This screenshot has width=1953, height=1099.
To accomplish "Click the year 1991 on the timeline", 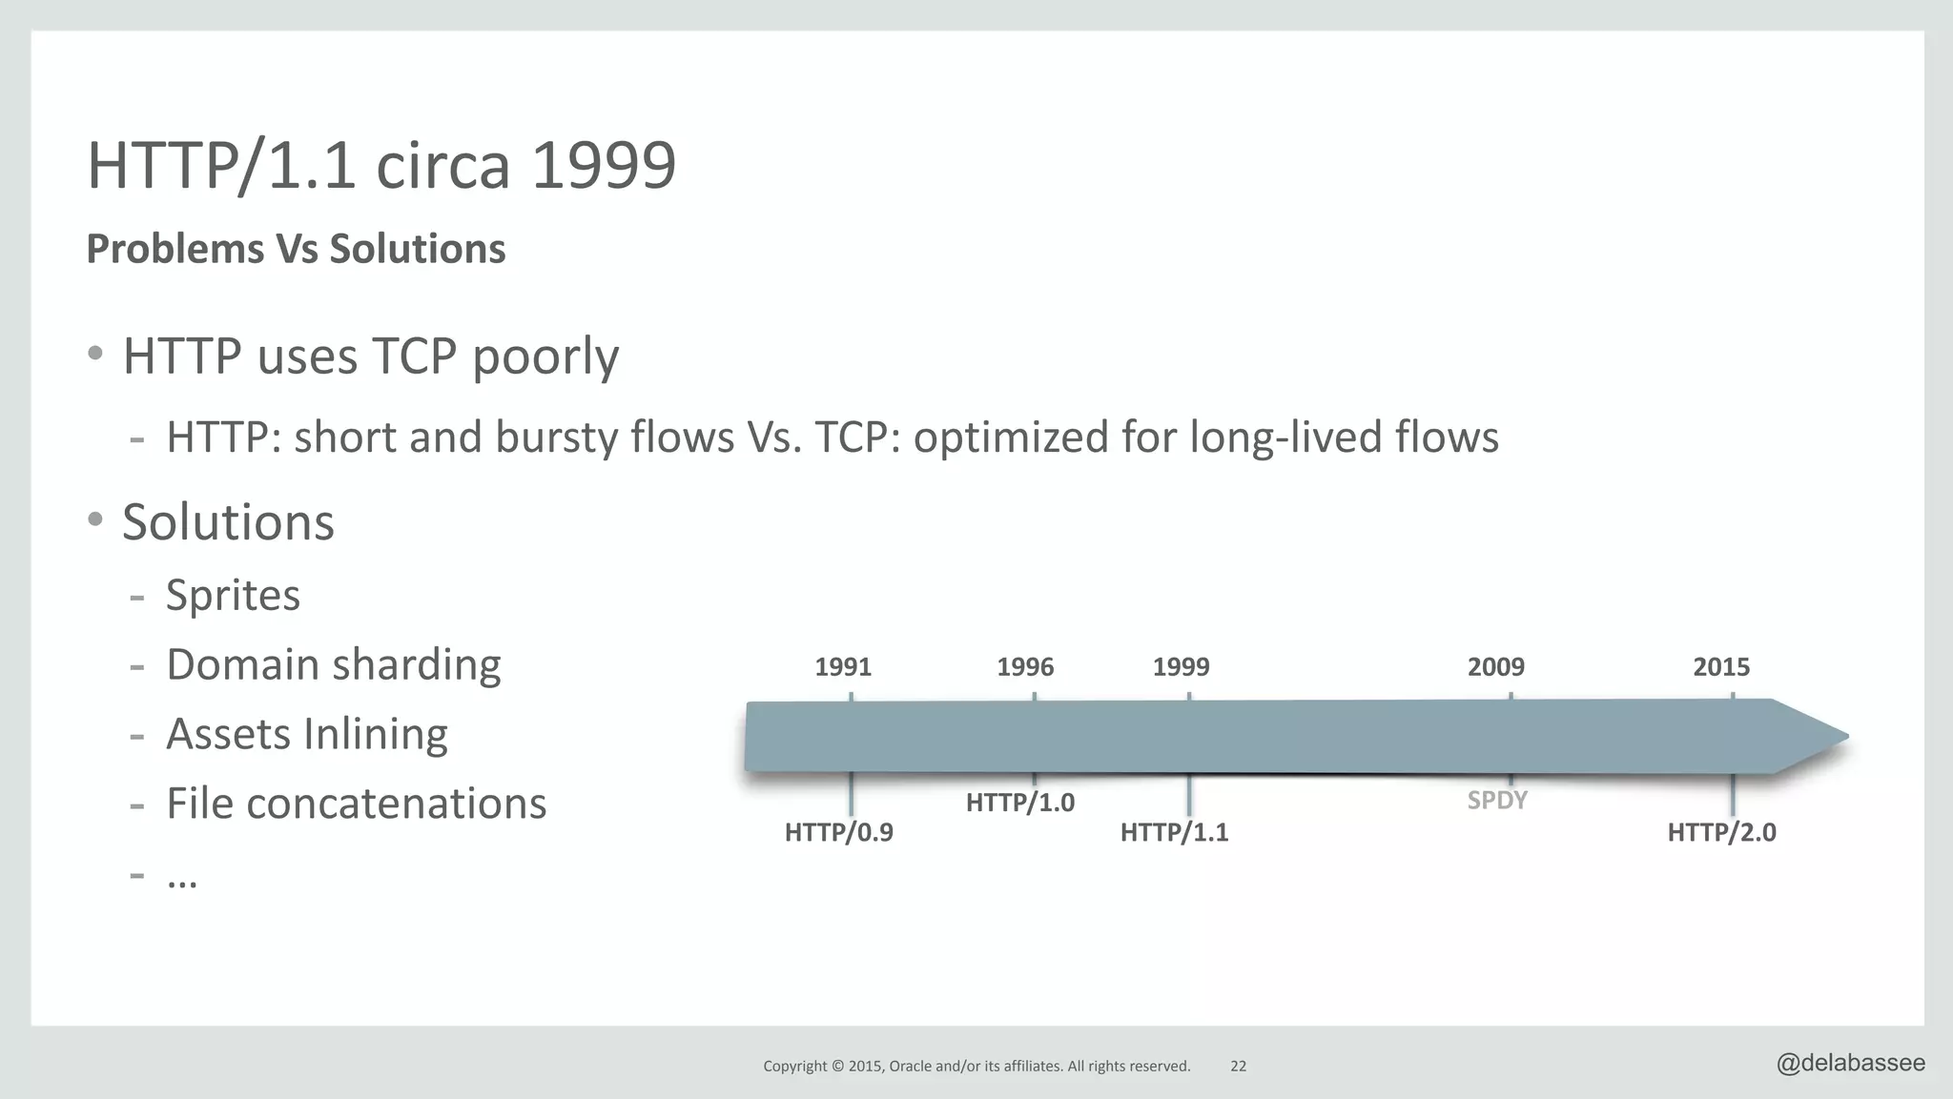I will [x=843, y=667].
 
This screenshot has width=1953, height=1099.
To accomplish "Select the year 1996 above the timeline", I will [x=1025, y=667].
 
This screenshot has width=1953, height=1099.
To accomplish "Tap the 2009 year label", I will [x=1495, y=667].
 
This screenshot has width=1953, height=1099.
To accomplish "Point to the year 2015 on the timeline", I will [x=1721, y=667].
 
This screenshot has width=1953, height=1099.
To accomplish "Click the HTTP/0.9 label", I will [x=838, y=832].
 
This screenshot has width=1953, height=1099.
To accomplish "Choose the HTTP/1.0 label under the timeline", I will [x=1019, y=803].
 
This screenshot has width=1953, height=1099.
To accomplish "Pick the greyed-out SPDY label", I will [x=1496, y=800].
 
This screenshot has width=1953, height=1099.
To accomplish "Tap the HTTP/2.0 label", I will [x=1721, y=832].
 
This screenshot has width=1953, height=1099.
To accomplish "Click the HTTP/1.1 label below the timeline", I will [x=1174, y=832].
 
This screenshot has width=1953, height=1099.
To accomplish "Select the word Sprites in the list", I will [x=233, y=596].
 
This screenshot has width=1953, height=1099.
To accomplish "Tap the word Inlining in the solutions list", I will [x=375, y=735].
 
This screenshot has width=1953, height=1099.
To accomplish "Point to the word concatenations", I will [x=397, y=804].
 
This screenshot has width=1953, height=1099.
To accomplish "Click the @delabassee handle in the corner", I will [x=1850, y=1063].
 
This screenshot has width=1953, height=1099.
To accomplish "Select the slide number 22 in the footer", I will [x=1238, y=1067].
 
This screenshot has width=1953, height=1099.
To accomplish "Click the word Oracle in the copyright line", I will [x=910, y=1067].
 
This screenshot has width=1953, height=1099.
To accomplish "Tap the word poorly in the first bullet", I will [x=545, y=357].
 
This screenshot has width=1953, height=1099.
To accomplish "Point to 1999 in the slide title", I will [x=603, y=166].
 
